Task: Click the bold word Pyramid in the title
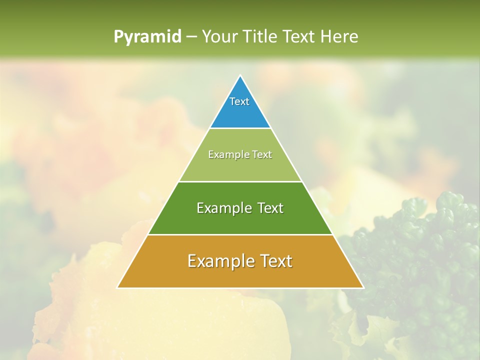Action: tap(147, 37)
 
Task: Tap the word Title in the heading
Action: tap(259, 36)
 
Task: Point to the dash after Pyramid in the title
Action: tap(191, 37)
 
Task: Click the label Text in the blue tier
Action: tap(239, 101)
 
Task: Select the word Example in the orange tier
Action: tap(220, 261)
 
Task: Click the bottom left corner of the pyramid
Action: tap(118, 287)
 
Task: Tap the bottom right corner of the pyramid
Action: tap(363, 287)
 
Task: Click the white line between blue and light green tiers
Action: tap(240, 128)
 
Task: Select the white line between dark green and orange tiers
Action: tap(240, 234)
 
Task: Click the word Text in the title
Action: tap(299, 36)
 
